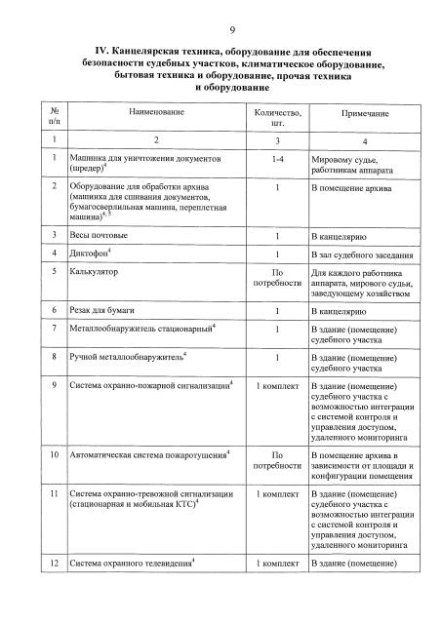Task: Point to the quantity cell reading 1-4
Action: coord(278,157)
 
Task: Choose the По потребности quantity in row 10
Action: coord(278,460)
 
